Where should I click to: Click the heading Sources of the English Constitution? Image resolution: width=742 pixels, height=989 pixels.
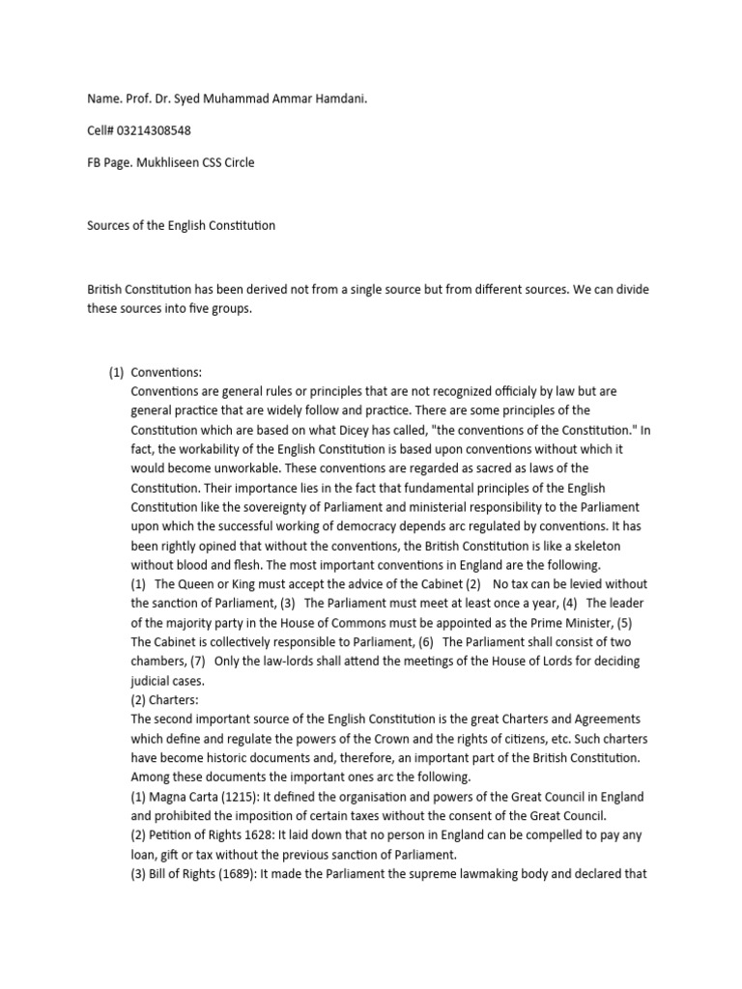(181, 225)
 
